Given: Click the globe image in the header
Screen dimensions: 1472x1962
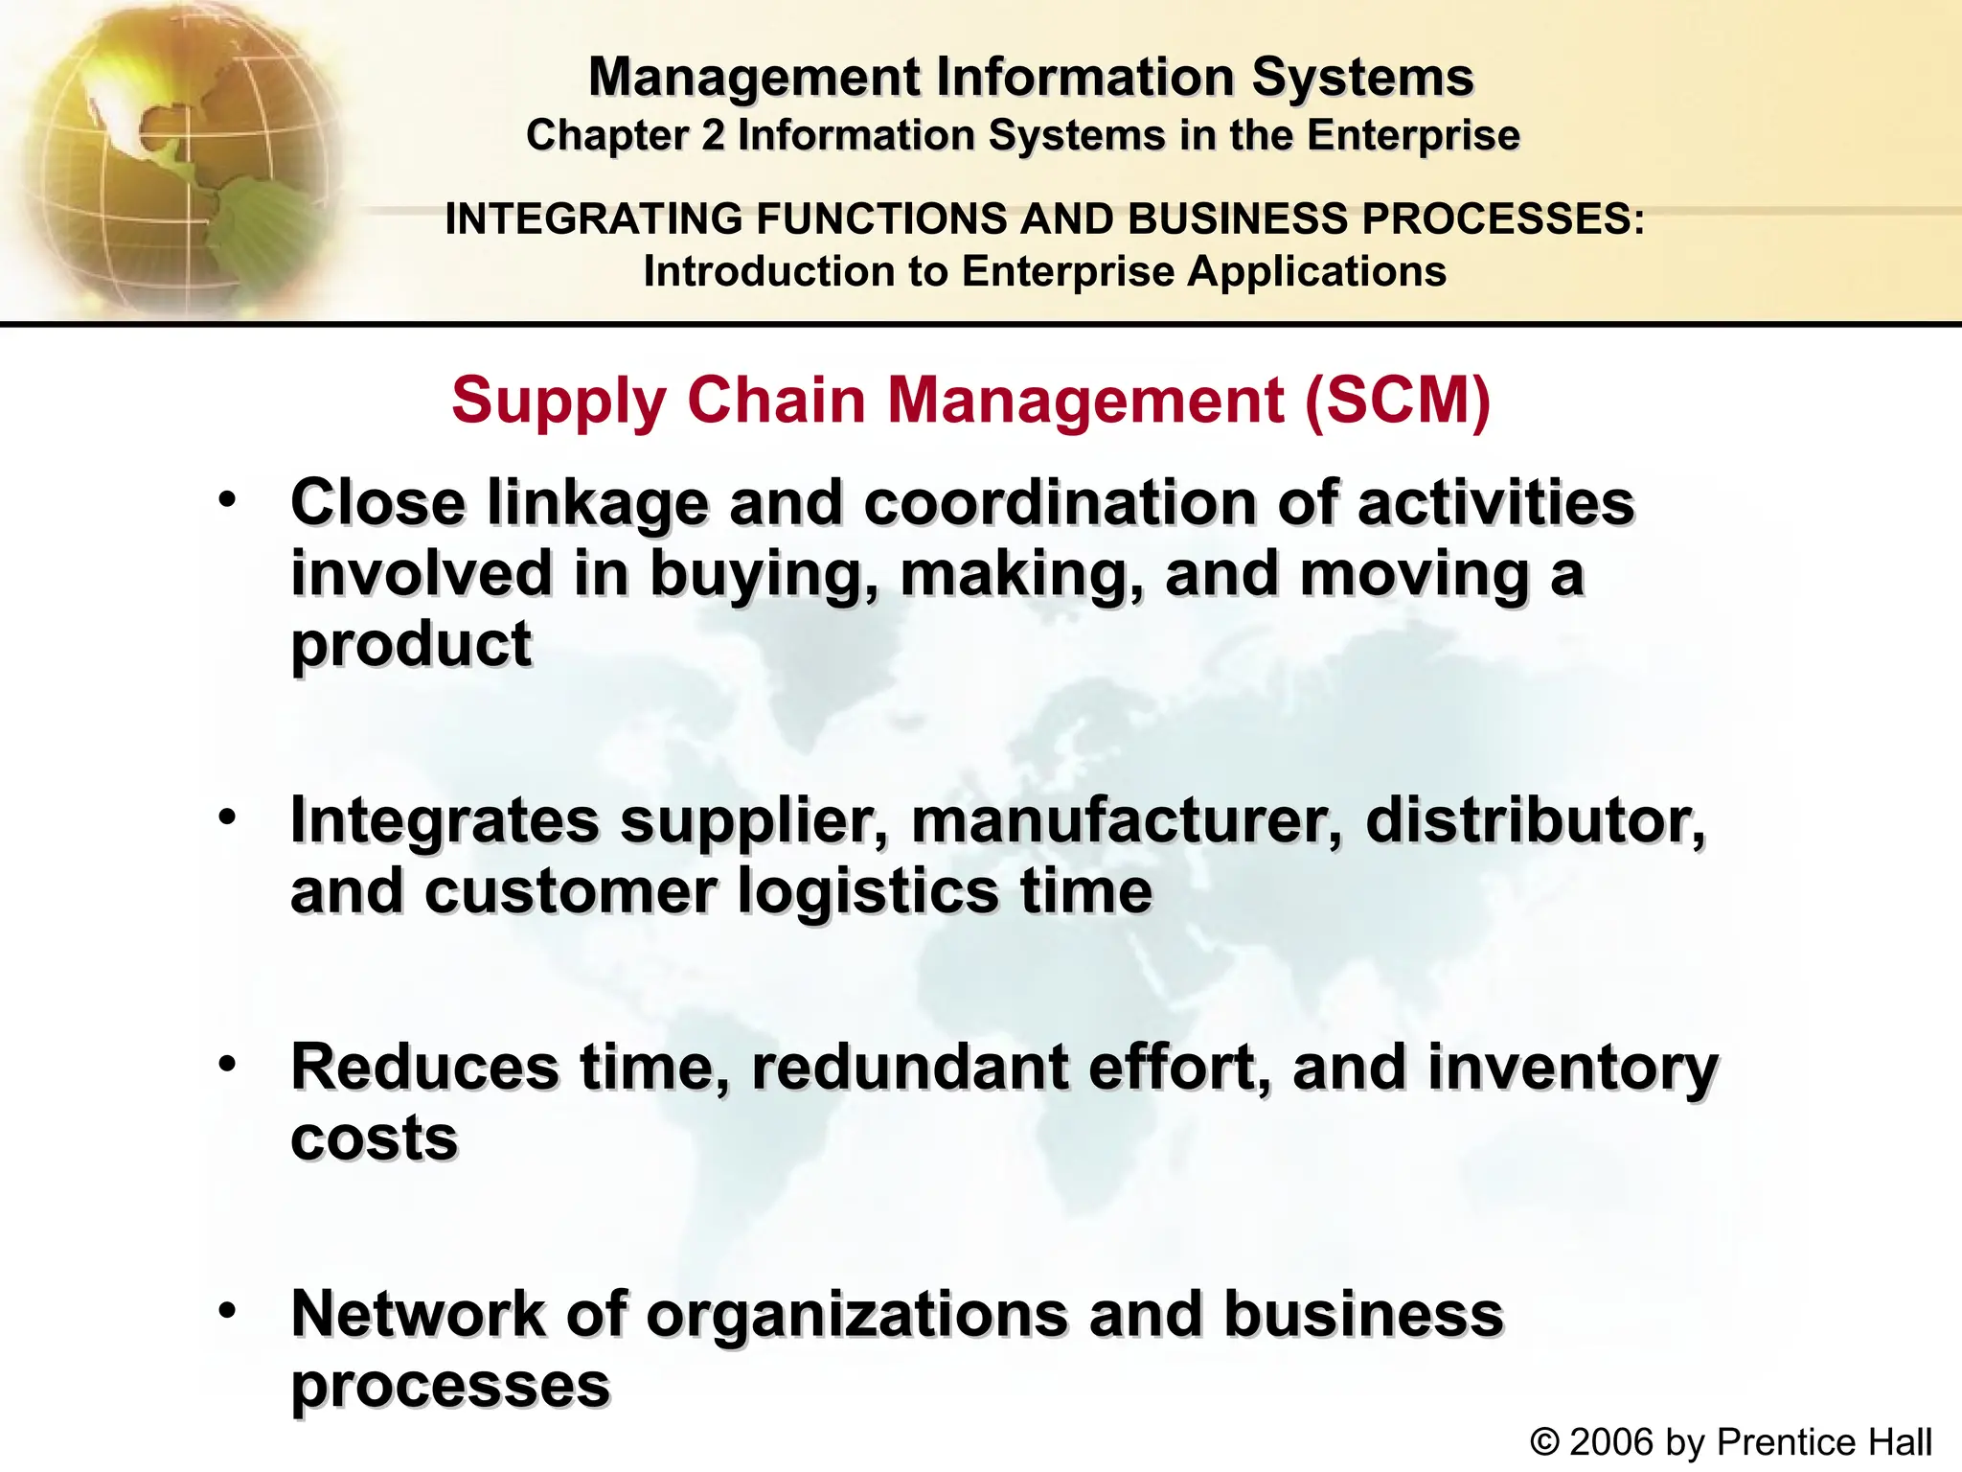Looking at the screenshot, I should pos(172,158).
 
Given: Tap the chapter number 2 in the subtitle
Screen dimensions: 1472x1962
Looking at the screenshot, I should pos(712,135).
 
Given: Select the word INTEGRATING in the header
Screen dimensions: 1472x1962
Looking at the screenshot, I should pos(593,218).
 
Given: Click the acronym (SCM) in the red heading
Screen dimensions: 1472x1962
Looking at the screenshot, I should pos(1398,400).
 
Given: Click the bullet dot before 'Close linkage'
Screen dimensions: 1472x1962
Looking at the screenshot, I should pos(227,500).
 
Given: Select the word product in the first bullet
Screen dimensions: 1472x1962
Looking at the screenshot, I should pos(411,644).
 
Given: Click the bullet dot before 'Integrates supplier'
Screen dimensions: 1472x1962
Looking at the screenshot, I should pos(227,817).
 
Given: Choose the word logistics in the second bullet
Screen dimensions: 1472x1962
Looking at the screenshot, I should pos(868,892).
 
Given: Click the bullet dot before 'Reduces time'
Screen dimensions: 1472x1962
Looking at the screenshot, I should pos(227,1064).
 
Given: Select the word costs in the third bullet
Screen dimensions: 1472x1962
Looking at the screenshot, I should pos(375,1138).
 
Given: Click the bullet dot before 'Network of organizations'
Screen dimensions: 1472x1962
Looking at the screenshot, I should pos(227,1310).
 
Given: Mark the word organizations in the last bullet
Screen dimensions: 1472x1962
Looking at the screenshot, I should pos(857,1315).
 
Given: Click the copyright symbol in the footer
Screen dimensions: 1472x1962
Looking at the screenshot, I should pos(1544,1441).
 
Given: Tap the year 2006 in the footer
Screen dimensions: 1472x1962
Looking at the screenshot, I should pos(1612,1441).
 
